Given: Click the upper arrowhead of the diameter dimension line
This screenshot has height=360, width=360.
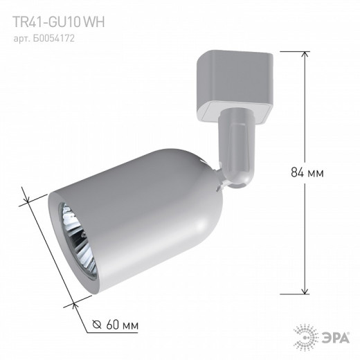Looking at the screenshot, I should [26, 190].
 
